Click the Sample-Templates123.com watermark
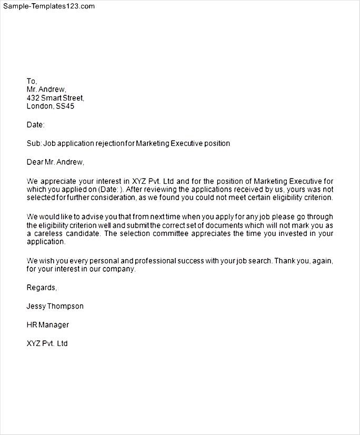[x=49, y=6]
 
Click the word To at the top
[x=31, y=81]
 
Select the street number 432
[x=33, y=98]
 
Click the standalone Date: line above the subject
[x=35, y=125]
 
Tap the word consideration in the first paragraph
[x=119, y=198]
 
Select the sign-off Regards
[x=41, y=288]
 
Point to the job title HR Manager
[x=47, y=325]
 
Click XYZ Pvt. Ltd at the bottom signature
[x=47, y=344]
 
